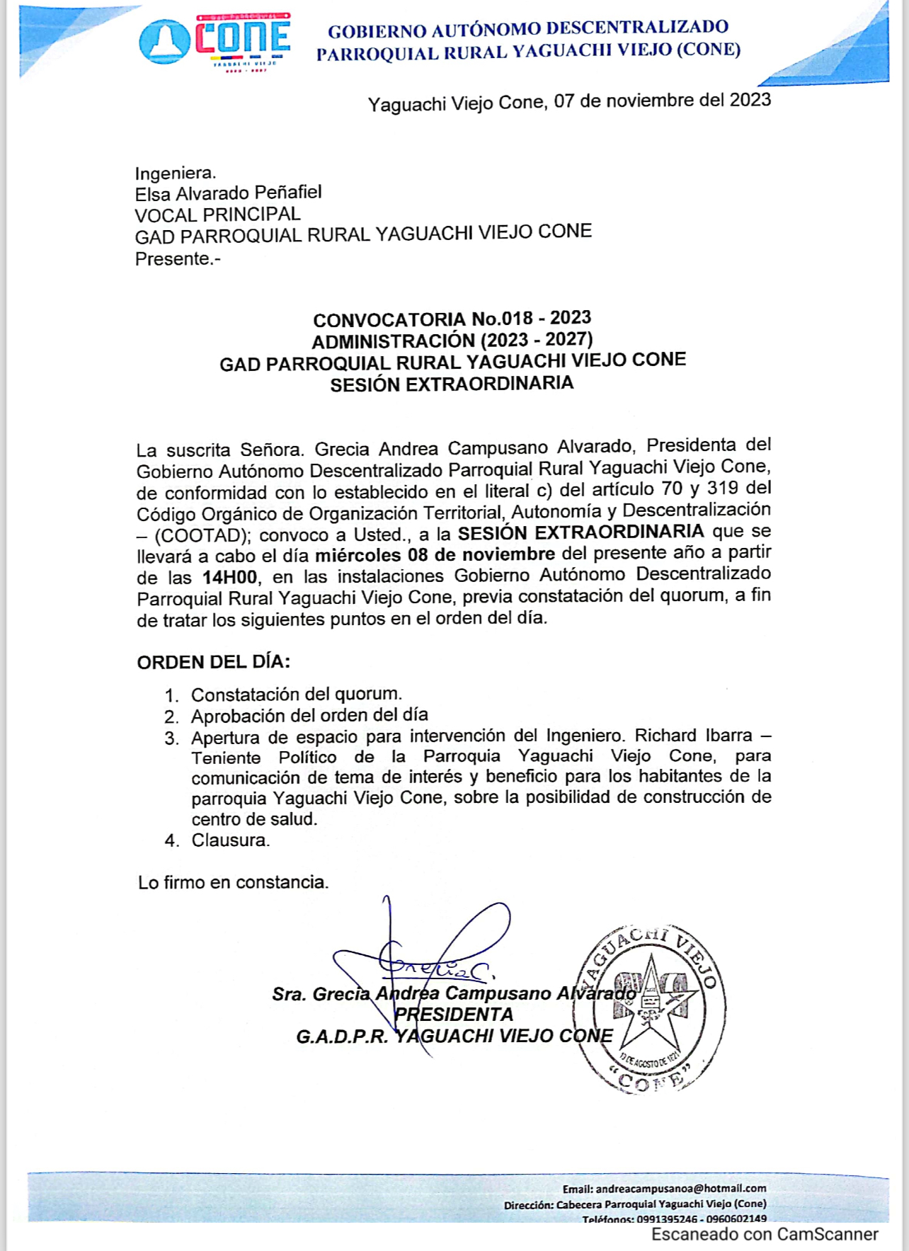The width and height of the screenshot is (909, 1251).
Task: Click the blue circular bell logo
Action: click(164, 41)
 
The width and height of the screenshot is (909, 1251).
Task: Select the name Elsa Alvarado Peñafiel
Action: click(228, 193)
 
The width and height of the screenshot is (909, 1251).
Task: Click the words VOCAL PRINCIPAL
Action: click(217, 215)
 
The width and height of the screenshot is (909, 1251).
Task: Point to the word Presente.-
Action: click(178, 259)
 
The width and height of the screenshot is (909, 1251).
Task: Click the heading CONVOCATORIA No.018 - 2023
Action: click(452, 319)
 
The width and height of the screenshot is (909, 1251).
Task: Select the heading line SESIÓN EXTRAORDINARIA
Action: click(452, 384)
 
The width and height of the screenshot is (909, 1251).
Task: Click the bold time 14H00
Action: click(229, 577)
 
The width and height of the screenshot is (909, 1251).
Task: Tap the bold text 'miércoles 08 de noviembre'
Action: click(435, 554)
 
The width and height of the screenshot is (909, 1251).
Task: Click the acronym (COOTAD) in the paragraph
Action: click(201, 535)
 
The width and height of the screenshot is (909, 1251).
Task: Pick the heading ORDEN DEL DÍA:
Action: click(213, 663)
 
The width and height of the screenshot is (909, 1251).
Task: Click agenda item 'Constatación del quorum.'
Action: click(297, 695)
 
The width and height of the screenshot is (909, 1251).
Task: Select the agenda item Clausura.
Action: click(230, 840)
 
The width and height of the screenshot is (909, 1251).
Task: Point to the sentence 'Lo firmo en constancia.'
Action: click(233, 883)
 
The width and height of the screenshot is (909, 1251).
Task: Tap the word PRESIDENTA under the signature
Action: click(454, 1015)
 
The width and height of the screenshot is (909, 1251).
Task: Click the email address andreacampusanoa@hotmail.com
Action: click(680, 1189)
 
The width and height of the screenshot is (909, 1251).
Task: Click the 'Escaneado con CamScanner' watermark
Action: click(765, 1235)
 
